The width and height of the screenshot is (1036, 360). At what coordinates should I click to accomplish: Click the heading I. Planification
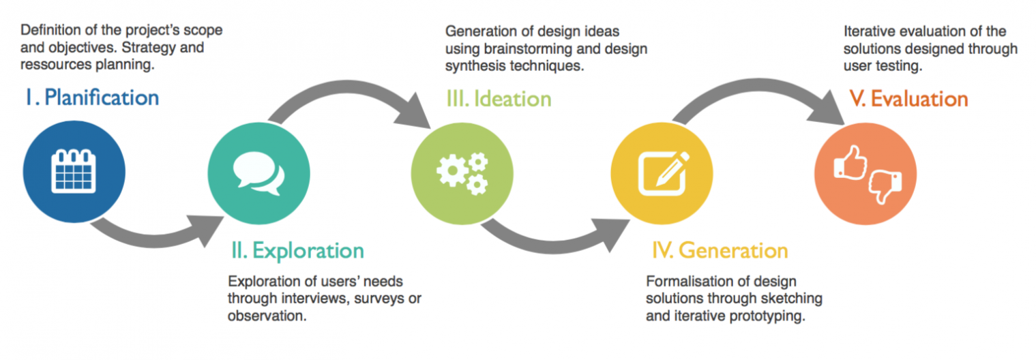click(x=93, y=97)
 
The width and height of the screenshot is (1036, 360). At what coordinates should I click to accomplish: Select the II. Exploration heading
click(x=297, y=251)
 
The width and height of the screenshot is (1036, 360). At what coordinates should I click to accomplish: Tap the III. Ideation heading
click(x=499, y=99)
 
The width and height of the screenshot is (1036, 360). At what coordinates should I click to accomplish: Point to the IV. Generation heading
click(x=720, y=250)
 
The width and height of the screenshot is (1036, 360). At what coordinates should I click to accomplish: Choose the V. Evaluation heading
click(x=909, y=99)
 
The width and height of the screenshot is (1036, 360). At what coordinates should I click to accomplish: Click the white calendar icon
click(x=74, y=171)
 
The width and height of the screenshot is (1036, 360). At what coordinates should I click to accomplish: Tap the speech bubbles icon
click(x=258, y=173)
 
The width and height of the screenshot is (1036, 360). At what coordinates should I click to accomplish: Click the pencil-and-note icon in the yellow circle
click(x=664, y=173)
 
